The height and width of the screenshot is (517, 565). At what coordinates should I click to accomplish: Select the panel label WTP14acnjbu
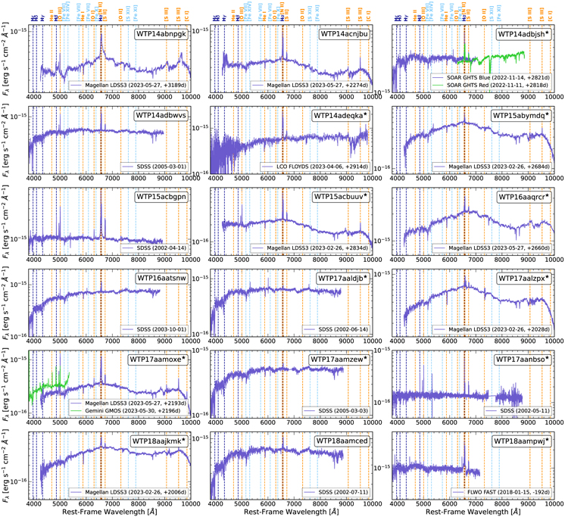pos(342,35)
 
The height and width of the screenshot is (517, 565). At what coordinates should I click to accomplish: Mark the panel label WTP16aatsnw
pos(161,279)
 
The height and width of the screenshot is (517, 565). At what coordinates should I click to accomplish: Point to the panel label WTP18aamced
pos(342,441)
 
